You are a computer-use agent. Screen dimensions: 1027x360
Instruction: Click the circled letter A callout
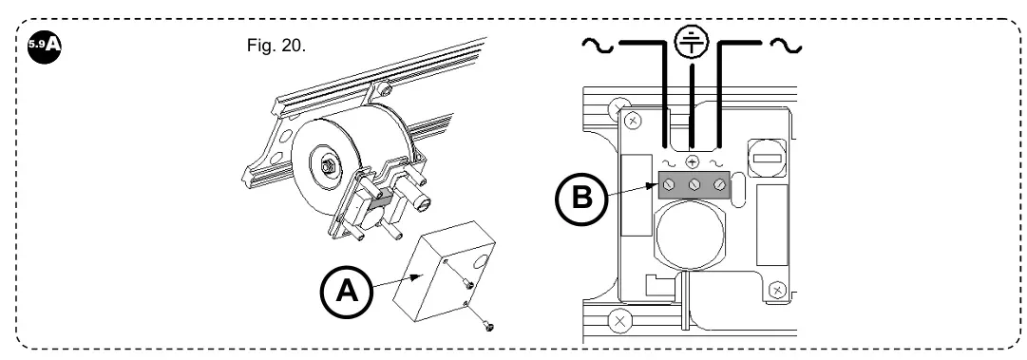click(347, 292)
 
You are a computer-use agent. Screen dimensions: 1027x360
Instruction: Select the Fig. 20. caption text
click(276, 46)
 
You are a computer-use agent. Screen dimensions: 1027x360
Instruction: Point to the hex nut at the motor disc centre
click(326, 167)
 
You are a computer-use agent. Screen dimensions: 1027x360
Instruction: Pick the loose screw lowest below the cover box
click(488, 325)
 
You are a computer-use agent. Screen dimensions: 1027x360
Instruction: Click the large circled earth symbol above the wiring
click(692, 42)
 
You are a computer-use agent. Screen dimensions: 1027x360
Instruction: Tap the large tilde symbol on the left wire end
click(598, 46)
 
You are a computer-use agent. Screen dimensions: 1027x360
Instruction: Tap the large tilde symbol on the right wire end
click(786, 46)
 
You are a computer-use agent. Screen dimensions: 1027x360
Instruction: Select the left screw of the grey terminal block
click(669, 185)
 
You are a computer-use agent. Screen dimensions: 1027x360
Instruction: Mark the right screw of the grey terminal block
click(719, 185)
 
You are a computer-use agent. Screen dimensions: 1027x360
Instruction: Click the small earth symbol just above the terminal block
click(693, 162)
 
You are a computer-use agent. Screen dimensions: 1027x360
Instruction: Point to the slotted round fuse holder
click(764, 158)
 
